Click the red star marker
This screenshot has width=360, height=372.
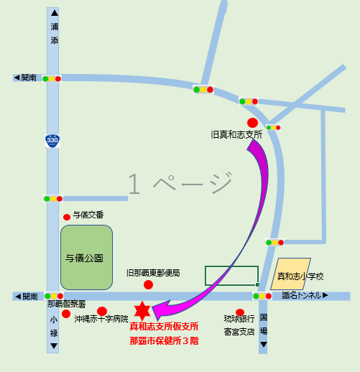(x=144, y=310)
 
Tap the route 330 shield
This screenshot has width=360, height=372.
(x=52, y=141)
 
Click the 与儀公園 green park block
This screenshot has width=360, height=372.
(x=86, y=257)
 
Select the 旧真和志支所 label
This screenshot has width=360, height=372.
(x=236, y=134)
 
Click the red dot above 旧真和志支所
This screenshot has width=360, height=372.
(x=252, y=122)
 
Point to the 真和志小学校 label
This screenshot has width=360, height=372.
(x=301, y=276)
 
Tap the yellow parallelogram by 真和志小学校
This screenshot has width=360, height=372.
(x=291, y=274)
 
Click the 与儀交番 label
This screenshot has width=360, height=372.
(x=88, y=215)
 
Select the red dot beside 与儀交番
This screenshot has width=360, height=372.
(x=67, y=217)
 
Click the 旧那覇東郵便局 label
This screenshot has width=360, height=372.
(x=152, y=273)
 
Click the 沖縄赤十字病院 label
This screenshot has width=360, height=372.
(x=101, y=319)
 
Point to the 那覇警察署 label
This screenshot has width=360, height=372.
(x=66, y=304)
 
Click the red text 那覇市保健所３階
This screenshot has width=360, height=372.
(x=164, y=340)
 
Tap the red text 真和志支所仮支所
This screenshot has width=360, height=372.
(x=164, y=327)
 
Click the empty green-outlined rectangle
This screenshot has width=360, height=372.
(x=231, y=276)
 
